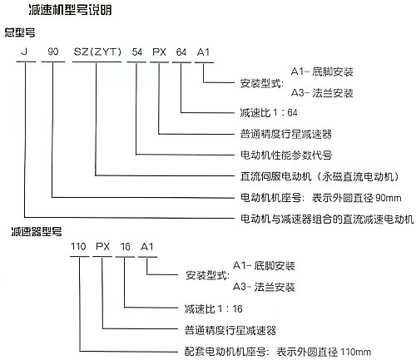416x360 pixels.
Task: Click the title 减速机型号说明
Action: tap(70, 10)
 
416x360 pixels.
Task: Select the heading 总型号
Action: tap(20, 32)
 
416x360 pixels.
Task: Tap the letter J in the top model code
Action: tap(24, 52)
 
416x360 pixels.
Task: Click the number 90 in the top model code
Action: tap(53, 52)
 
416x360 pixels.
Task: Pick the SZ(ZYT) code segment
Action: tap(97, 52)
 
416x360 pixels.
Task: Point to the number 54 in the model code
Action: tap(137, 52)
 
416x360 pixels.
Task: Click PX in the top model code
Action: tap(159, 52)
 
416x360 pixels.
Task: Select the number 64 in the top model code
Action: tap(181, 52)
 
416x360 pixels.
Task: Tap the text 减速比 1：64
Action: tap(269, 112)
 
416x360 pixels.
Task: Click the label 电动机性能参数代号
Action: tap(286, 155)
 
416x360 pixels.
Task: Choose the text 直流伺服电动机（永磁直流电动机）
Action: tap(319, 176)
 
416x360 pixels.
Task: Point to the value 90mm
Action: tap(389, 198)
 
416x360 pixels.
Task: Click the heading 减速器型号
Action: tap(37, 231)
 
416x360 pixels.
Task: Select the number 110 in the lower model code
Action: tap(78, 246)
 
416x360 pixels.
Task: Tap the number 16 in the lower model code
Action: tap(125, 246)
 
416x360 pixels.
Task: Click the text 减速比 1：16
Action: tap(213, 308)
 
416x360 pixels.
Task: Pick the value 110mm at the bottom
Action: tap(355, 352)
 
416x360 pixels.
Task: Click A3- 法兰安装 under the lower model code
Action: tap(264, 287)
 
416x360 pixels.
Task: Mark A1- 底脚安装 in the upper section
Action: tap(322, 72)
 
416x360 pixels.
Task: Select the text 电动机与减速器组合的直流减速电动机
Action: tap(327, 219)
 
